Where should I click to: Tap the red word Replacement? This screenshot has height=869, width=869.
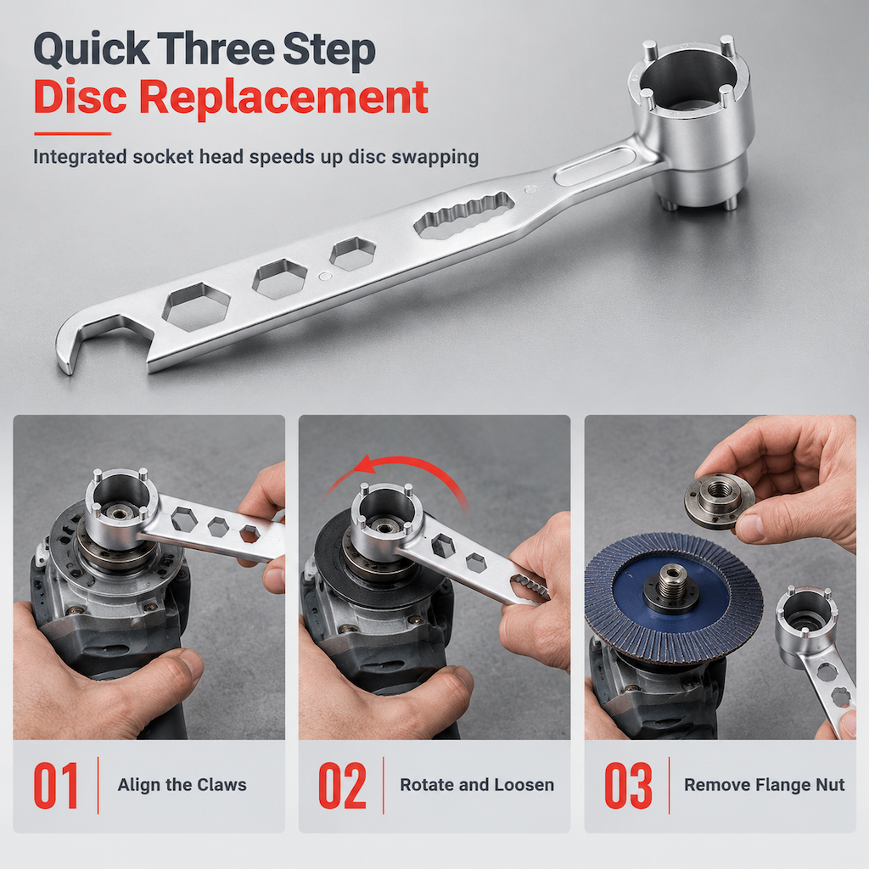pos(283,98)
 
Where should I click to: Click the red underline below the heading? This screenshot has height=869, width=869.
pos(73,133)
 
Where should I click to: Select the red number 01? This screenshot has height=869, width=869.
pos(55,785)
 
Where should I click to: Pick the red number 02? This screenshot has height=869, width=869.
pos(342,785)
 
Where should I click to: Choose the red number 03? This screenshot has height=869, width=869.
pos(628,785)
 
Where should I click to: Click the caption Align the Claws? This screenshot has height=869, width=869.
pos(182,785)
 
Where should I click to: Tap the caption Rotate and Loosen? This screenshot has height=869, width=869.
pos(477,785)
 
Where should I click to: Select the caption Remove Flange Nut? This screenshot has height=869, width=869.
pos(765,785)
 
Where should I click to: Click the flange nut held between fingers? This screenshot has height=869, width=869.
pos(720,500)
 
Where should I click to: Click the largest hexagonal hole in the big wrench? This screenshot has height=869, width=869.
pos(196,306)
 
